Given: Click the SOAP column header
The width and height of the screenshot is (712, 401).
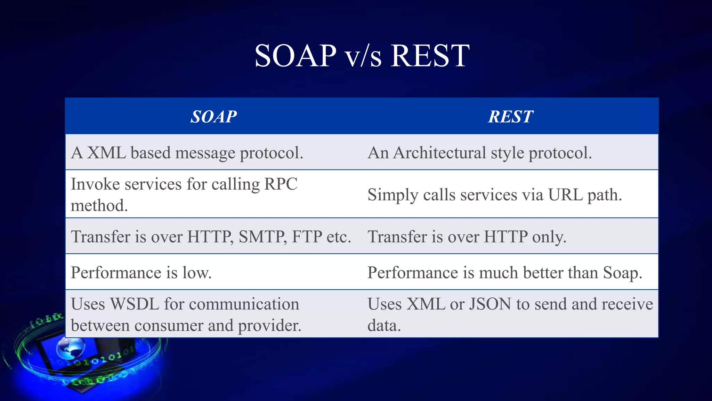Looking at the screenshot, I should click(x=213, y=117).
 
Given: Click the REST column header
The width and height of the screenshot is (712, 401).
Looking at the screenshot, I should click(x=510, y=117).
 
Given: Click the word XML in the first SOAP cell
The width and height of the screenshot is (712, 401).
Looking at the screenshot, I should click(x=106, y=153).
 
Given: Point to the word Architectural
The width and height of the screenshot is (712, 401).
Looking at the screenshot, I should click(x=439, y=153).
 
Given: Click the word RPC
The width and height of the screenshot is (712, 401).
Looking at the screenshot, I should click(x=281, y=184).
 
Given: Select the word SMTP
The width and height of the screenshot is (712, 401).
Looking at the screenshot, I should click(x=262, y=237).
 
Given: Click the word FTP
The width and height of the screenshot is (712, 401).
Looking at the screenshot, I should click(x=307, y=237).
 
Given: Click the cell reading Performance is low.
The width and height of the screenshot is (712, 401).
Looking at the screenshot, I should click(x=141, y=273).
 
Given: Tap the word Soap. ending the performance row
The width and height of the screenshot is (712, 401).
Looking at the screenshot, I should click(x=622, y=273).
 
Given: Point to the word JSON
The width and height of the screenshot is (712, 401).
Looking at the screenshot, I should click(x=490, y=304).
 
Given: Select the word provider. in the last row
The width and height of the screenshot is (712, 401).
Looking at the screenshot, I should click(x=269, y=325).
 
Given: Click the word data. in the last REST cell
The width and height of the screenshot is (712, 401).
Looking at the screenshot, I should click(x=384, y=325).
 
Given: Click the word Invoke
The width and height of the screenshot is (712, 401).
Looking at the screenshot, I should click(x=95, y=184).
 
